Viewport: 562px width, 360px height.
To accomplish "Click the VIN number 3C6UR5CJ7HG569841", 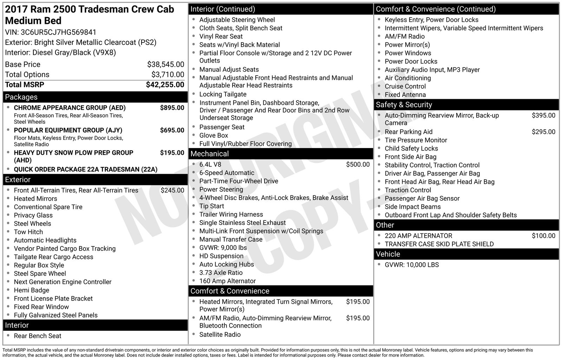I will tap(58, 32).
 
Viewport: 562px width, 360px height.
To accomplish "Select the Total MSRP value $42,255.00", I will tap(165, 85).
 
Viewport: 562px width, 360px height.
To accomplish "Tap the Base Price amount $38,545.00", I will tap(165, 64).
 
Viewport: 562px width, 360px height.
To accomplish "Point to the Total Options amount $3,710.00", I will tap(168, 75).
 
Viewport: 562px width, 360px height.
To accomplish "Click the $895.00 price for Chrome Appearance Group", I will tap(172, 108).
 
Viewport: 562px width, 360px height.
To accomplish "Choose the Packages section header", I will tap(21, 97).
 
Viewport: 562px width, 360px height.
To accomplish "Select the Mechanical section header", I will tap(209, 154).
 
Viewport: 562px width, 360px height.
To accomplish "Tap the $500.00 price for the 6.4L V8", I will tap(358, 165).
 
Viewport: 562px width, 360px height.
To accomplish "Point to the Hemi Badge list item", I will tap(32, 290).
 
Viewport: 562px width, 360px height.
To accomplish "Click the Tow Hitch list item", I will tap(28, 232).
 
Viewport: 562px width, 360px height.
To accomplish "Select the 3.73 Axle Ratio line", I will tap(221, 273).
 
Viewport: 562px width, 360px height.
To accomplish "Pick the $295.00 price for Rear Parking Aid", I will tap(543, 132).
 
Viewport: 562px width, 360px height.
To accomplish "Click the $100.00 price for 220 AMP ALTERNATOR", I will tap(543, 236).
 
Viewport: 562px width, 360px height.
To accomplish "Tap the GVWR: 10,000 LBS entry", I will tap(412, 265).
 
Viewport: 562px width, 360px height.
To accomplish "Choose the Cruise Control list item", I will tap(405, 86).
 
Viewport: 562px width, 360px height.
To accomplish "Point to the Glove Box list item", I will tap(214, 136).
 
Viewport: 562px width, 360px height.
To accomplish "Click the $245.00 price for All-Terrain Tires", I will tap(172, 191).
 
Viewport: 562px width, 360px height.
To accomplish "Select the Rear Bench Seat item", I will tap(38, 336).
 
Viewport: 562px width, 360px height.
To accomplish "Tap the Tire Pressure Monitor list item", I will tap(416, 140).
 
